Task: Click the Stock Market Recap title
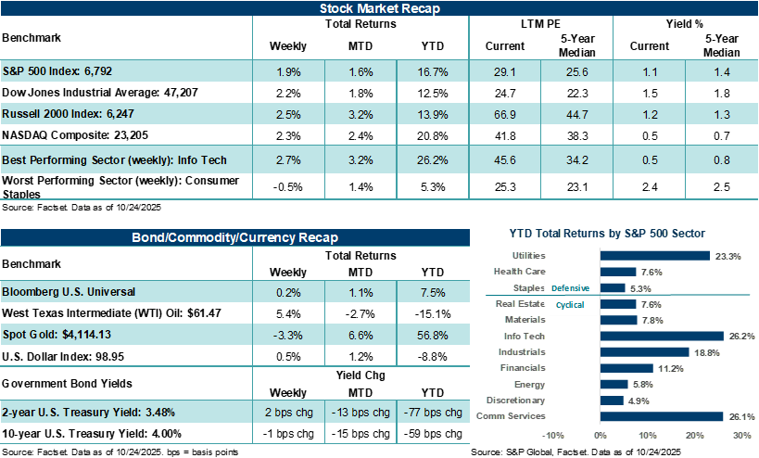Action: [379, 9]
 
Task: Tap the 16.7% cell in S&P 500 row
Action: [433, 71]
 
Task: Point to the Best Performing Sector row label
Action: [115, 159]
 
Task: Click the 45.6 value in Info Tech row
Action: [505, 159]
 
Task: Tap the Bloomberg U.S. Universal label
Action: [70, 291]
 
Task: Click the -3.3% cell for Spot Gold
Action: [288, 335]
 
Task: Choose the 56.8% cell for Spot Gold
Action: [433, 335]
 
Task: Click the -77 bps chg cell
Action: [433, 413]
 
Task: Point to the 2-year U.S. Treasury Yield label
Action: [88, 413]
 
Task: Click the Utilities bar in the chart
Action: [654, 256]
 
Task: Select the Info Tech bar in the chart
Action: [662, 336]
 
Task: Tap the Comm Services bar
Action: [662, 416]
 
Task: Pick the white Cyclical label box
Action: [570, 304]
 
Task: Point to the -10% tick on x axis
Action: [553, 435]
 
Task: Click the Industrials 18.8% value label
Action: [706, 352]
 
